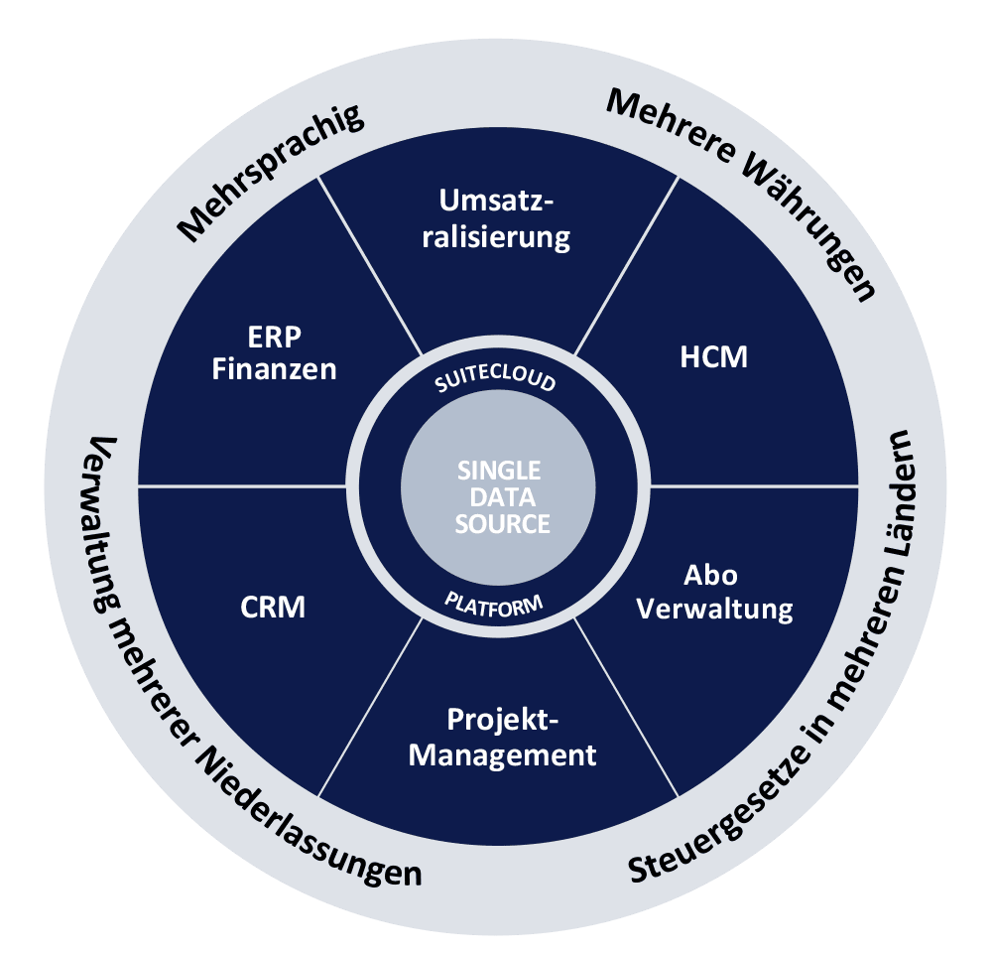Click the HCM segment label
pyautogui.click(x=714, y=357)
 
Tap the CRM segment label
pyautogui.click(x=273, y=607)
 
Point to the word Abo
pyautogui.click(x=711, y=575)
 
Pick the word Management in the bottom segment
pyautogui.click(x=503, y=754)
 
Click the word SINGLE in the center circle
pyautogui.click(x=499, y=469)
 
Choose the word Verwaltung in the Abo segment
pyautogui.click(x=714, y=609)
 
